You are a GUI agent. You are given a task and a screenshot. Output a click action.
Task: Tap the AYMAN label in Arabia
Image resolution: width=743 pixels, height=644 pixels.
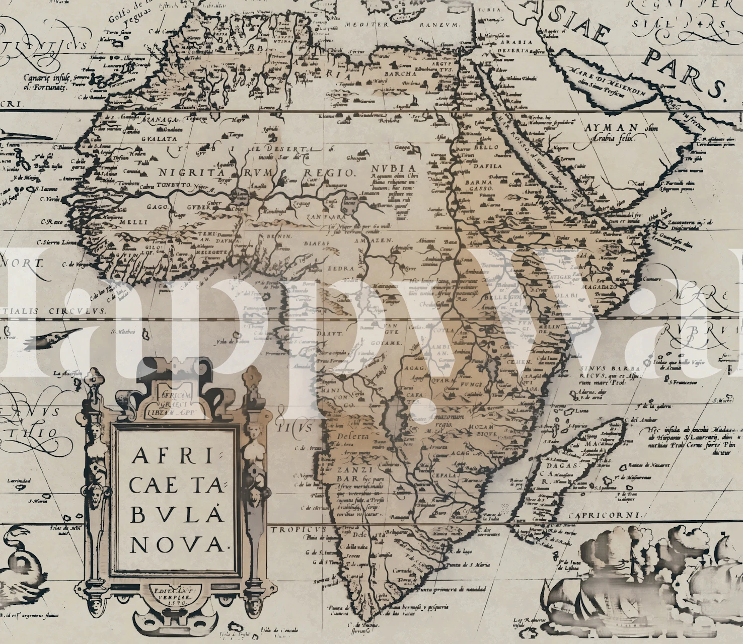pyautogui.click(x=612, y=128)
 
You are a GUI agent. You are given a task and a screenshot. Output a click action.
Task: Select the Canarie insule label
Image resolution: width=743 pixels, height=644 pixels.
pyautogui.click(x=46, y=82)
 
